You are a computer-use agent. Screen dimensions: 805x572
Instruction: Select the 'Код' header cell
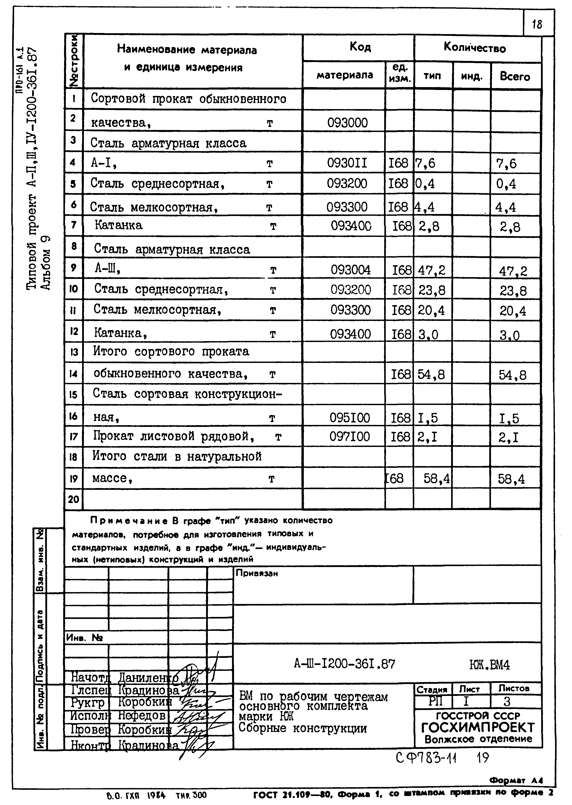360,47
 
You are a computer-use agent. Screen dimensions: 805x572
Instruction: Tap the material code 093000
347,123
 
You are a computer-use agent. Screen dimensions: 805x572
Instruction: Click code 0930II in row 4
347,163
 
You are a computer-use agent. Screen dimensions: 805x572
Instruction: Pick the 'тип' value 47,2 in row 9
432,270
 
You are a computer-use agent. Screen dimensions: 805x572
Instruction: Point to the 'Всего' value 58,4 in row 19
511,479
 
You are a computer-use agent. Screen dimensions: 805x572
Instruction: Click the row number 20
73,499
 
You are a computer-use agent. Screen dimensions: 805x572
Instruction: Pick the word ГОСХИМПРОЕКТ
478,728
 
